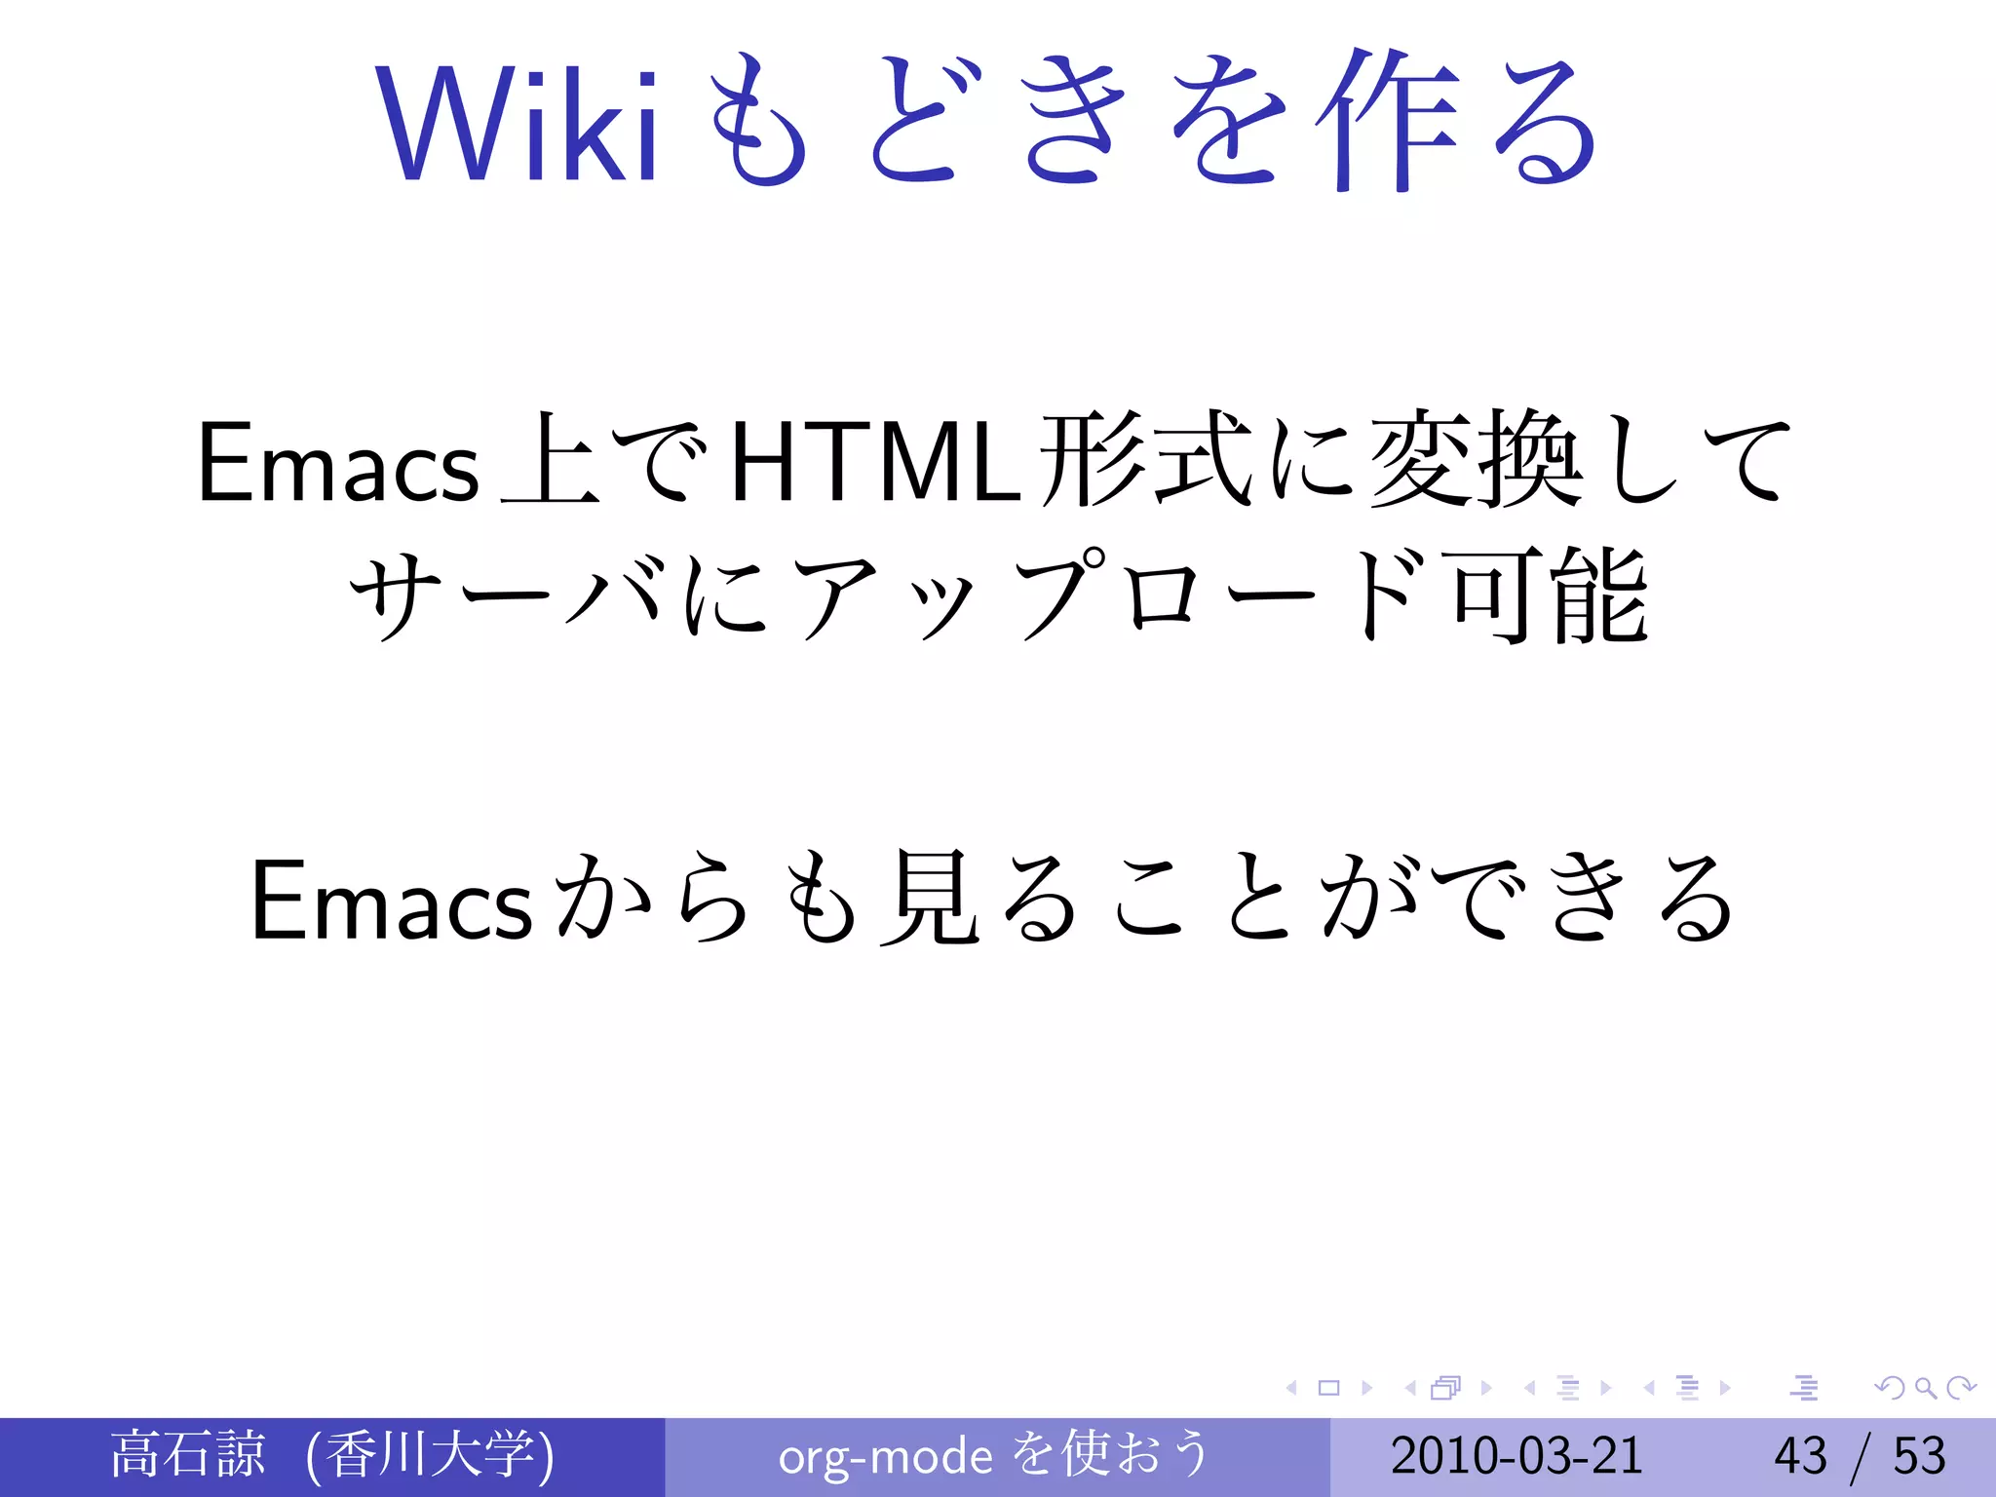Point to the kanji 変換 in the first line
point(1476,460)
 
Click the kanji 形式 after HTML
point(1146,460)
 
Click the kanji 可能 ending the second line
point(1550,596)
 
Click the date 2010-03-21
point(1516,1456)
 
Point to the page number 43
point(1800,1456)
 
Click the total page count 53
point(1919,1456)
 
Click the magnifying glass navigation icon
point(1925,1388)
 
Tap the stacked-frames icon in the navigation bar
point(1446,1388)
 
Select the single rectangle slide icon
point(1328,1388)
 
